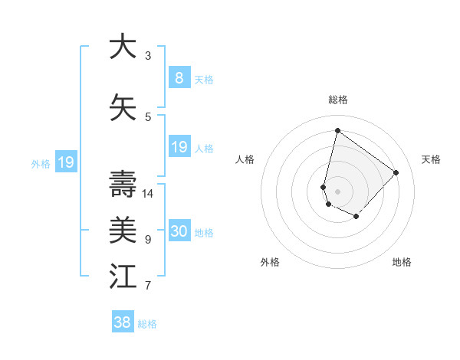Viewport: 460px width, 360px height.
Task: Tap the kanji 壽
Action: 122,184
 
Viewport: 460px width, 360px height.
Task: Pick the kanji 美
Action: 122,229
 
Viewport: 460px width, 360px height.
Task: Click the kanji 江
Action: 122,276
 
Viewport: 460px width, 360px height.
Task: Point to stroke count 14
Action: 148,193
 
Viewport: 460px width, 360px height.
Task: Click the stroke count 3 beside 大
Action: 148,55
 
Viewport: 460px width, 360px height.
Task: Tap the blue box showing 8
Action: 179,77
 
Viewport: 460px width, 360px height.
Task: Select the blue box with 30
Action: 179,231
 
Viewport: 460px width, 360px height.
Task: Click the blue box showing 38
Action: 123,322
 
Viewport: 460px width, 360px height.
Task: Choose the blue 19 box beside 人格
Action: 179,147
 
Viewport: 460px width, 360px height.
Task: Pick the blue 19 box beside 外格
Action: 65,162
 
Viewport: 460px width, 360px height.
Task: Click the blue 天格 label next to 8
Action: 204,79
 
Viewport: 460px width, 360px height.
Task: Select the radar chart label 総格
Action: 337,100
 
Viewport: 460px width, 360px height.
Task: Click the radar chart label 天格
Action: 431,159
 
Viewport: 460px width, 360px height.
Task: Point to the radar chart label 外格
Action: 270,262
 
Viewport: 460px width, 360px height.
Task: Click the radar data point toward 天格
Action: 396,172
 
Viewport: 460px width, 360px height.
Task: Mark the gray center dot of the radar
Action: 337,191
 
